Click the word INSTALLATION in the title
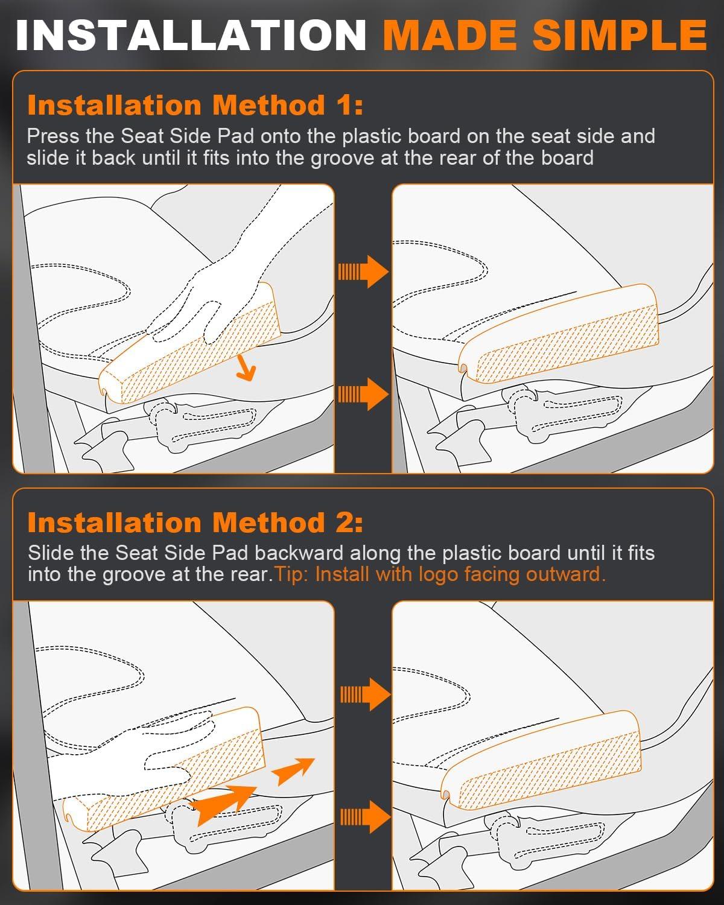tap(191, 36)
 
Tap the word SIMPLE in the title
tap(620, 36)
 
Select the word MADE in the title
tap(449, 36)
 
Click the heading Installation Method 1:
tap(195, 105)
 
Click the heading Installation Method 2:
tap(195, 522)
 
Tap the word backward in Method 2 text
tap(299, 553)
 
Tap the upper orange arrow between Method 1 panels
tap(363, 271)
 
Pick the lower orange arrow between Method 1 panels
tap(363, 394)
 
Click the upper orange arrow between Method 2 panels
tap(366, 694)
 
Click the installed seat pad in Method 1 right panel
tap(559, 334)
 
